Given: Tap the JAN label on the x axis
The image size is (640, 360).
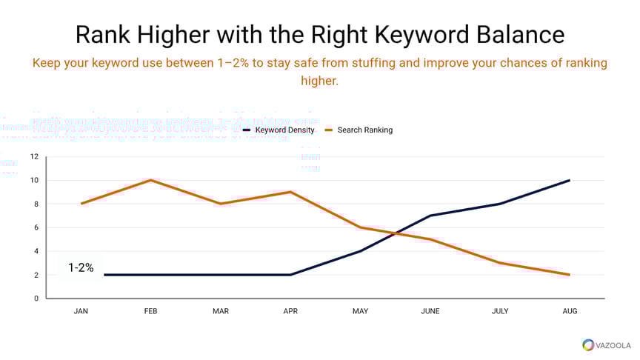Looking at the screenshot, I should tap(81, 311).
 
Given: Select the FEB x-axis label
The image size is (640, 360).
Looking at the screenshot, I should tap(150, 311).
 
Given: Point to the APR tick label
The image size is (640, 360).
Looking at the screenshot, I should tap(290, 311).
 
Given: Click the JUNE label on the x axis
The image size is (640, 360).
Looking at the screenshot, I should tap(430, 311).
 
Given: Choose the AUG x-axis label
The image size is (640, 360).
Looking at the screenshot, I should tap(570, 311).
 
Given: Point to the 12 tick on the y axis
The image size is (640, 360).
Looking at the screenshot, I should tap(34, 156).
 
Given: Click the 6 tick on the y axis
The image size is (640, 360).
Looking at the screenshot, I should tap(36, 227).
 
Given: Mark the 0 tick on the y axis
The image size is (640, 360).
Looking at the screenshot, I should tap(36, 299).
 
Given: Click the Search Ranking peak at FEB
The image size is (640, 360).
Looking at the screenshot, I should tap(150, 180).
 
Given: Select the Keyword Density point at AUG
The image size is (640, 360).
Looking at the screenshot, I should tap(570, 180).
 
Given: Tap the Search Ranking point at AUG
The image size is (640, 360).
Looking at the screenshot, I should tap(570, 275).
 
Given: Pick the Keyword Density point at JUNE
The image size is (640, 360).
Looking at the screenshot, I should tap(430, 216).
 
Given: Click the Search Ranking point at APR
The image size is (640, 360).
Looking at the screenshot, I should tap(290, 192).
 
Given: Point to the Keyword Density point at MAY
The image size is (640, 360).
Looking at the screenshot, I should tap(360, 251).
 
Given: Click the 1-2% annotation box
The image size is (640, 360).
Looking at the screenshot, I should tap(81, 268).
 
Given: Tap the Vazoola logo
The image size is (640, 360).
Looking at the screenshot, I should tap(607, 344).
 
